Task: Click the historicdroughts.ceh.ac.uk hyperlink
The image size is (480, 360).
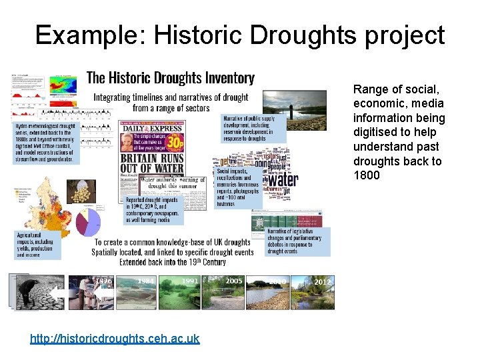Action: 115,339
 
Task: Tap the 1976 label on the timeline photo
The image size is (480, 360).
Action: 103,281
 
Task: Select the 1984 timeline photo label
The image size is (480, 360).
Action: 145,281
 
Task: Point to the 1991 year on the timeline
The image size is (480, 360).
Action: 190,281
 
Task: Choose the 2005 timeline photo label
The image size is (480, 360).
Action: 233,281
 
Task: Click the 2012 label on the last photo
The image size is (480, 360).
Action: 322,282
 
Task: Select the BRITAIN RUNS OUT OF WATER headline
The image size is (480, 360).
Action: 162,163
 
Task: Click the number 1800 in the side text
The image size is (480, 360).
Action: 366,175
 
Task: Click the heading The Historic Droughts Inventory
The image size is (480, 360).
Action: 171,78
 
